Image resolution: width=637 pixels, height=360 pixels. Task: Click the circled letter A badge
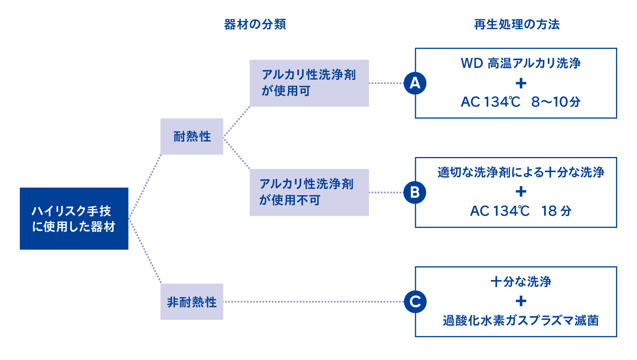(415, 83)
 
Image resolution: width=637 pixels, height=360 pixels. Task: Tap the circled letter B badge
(415, 192)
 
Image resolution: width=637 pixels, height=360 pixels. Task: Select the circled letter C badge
(415, 302)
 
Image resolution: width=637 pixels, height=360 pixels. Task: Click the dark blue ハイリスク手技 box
(74, 219)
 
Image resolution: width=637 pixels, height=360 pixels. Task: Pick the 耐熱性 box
(192, 137)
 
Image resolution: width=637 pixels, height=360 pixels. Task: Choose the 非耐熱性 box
(192, 302)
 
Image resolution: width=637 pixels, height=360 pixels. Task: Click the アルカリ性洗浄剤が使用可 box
(309, 83)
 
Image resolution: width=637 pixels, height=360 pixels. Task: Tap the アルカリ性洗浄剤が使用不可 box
(309, 192)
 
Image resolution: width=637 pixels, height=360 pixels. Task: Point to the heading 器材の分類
(255, 24)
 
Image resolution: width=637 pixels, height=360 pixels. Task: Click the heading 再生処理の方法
(517, 24)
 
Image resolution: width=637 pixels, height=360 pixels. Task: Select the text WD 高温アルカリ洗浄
(521, 63)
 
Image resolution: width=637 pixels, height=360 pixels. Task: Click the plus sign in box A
(521, 83)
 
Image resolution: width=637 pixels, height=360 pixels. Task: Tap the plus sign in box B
(521, 192)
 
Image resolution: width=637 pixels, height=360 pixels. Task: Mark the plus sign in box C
(521, 301)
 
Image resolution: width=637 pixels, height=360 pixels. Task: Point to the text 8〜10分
(556, 102)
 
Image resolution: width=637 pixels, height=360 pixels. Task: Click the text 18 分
(556, 211)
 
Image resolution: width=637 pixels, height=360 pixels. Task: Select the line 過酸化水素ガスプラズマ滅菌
(521, 321)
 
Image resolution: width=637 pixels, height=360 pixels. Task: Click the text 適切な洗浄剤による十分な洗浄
(521, 172)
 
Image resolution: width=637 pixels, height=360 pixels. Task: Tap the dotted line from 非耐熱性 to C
(313, 302)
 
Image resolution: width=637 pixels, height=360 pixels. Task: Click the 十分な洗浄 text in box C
(521, 282)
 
